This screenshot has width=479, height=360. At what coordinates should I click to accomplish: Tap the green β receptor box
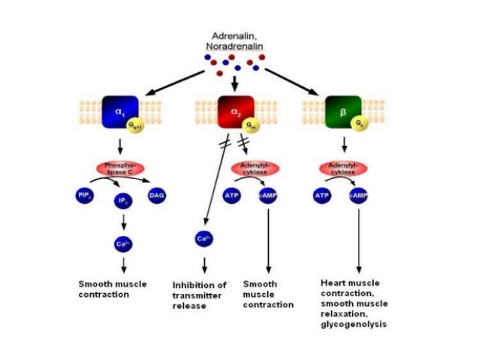pos(342,111)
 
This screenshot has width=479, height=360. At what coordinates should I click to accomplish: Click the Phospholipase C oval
pos(119,168)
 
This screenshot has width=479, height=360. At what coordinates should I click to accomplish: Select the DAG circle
pos(157,195)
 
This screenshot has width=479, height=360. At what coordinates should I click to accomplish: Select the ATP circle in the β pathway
pos(321,196)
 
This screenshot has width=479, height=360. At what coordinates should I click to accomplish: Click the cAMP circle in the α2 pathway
pos(268,196)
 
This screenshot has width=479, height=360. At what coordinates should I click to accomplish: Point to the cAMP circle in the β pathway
pos(358,196)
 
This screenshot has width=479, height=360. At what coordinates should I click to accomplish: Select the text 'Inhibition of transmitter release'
pos(200,295)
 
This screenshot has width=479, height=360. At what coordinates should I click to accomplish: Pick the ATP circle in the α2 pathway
pos(232,196)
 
